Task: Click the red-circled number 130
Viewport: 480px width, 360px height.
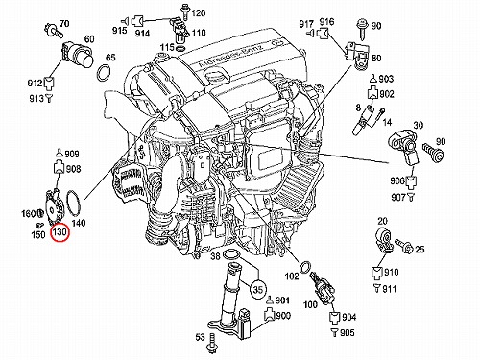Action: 60,231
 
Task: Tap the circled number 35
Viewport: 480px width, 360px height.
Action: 258,289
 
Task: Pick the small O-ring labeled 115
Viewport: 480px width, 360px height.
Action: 180,49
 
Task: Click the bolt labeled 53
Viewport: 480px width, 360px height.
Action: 211,343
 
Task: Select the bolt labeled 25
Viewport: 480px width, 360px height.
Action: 404,246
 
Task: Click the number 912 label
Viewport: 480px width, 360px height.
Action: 35,84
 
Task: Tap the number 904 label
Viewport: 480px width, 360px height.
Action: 349,317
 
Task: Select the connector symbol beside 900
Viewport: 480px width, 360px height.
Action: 269,315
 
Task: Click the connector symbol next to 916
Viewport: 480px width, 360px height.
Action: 324,33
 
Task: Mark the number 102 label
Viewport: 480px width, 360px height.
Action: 292,276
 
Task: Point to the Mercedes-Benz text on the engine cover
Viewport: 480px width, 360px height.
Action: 230,57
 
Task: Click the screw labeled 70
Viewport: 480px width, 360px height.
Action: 54,30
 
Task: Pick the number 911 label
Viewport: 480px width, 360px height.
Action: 390,289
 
